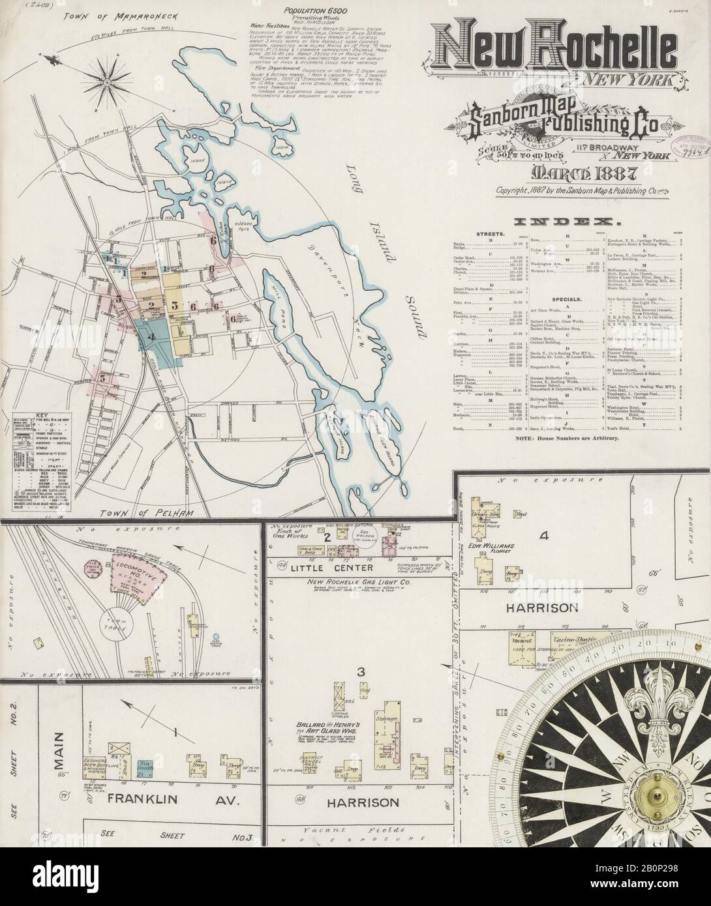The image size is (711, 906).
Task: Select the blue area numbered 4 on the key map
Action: (152, 337)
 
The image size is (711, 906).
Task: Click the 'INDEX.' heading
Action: (566, 221)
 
